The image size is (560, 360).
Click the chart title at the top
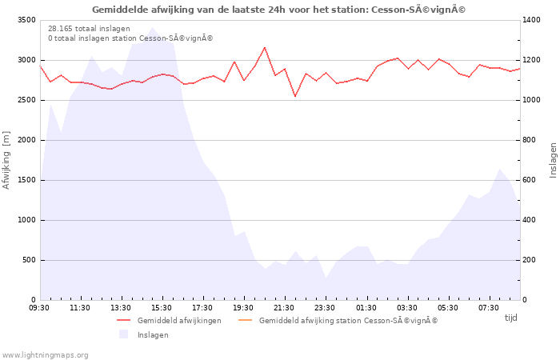pos(279,10)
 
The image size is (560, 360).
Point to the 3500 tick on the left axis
pos(26,20)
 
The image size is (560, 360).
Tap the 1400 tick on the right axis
pos(531,20)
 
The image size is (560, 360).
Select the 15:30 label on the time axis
pos(162,308)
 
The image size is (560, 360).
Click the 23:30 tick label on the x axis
pos(325,308)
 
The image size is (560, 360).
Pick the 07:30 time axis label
pos(488,308)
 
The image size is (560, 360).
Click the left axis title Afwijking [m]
pos(6,160)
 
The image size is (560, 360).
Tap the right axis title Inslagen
pos(553,160)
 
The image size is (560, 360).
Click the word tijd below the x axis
pos(510,318)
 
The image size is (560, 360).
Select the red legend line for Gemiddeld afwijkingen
pos(124,320)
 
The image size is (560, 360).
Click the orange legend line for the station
pos(245,320)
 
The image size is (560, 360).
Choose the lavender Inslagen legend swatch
pos(123,334)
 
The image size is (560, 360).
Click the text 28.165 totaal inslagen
pos(89,29)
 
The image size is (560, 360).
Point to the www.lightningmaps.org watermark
pos(45,355)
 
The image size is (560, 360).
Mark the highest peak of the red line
pos(265,47)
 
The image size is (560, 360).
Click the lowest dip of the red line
pos(295,96)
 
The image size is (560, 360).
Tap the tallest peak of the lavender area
pos(152,27)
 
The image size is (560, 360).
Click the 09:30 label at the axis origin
pos(39,308)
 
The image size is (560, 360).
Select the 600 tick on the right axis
pos(530,180)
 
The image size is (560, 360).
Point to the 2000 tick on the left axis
pos(26,140)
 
